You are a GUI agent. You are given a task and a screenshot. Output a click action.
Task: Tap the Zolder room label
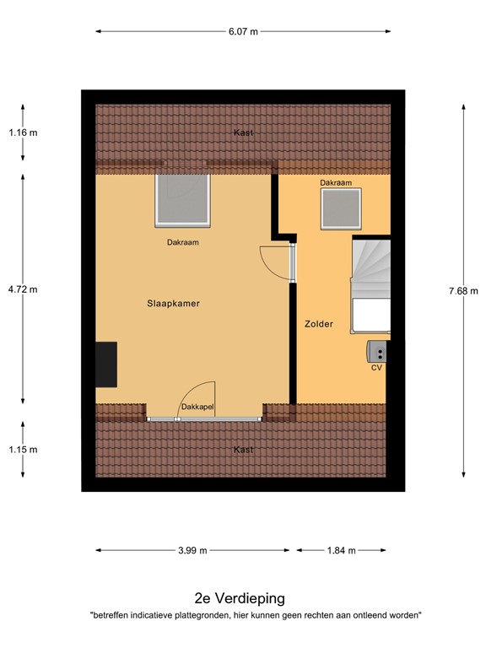tap(319, 323)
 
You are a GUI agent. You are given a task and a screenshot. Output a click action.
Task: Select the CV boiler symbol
tap(377, 350)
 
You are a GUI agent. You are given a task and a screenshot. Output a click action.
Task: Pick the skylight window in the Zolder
tap(341, 208)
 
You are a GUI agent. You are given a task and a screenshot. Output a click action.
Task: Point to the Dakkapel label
tap(197, 408)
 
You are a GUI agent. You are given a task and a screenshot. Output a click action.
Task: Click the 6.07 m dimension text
tap(243, 31)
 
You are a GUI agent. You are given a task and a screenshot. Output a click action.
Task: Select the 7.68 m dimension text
tap(463, 291)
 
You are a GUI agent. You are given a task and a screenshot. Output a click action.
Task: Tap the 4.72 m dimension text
tap(23, 289)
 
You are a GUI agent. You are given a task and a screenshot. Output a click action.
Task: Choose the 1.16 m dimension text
tap(23, 132)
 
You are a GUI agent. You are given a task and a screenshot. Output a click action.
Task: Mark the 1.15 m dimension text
tap(23, 449)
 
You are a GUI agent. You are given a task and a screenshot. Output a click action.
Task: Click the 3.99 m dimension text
tap(192, 550)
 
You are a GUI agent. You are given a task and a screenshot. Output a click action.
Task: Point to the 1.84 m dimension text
tap(341, 550)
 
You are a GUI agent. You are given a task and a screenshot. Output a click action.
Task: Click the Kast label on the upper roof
tap(243, 132)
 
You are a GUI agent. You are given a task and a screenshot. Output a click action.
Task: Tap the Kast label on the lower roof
tap(243, 450)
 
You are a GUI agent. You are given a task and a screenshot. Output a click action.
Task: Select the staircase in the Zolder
tap(371, 283)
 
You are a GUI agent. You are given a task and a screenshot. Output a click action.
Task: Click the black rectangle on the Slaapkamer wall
tap(106, 364)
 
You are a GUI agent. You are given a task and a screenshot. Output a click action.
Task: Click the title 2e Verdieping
tap(240, 598)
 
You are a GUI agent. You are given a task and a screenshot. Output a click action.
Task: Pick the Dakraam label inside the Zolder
tap(335, 182)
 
